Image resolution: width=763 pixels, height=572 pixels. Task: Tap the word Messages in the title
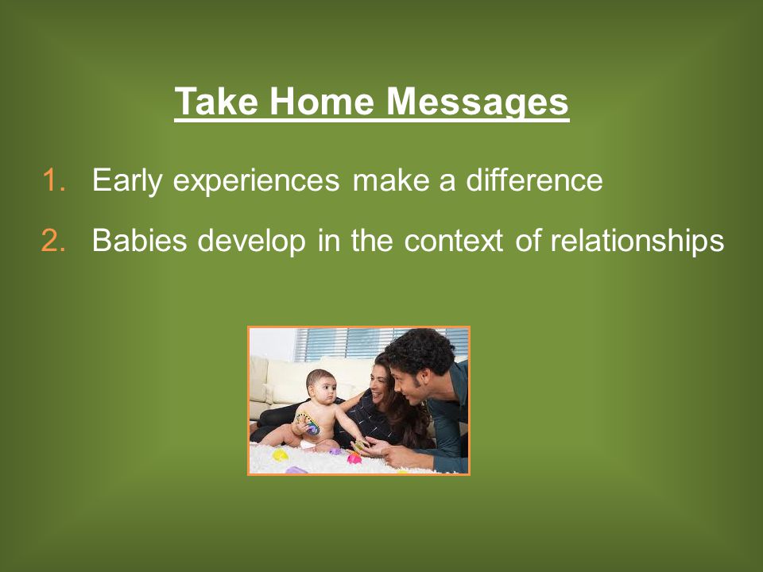coord(477,102)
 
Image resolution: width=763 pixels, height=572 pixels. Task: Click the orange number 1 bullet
coord(53,180)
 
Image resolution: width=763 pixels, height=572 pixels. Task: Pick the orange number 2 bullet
coord(53,240)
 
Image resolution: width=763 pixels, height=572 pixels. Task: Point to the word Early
coord(126,181)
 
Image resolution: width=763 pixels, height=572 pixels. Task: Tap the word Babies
coord(140,239)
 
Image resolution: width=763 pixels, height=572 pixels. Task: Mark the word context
coord(453,240)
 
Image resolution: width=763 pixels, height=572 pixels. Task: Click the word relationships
coord(637,240)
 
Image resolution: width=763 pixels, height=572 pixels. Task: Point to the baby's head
coord(321,386)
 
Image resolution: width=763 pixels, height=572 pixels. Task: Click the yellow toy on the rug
coord(281,455)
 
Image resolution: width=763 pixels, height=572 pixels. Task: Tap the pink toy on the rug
coord(354,458)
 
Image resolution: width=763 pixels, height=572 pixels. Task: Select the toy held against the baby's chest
coord(308,423)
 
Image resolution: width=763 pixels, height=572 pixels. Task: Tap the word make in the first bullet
coord(390,180)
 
